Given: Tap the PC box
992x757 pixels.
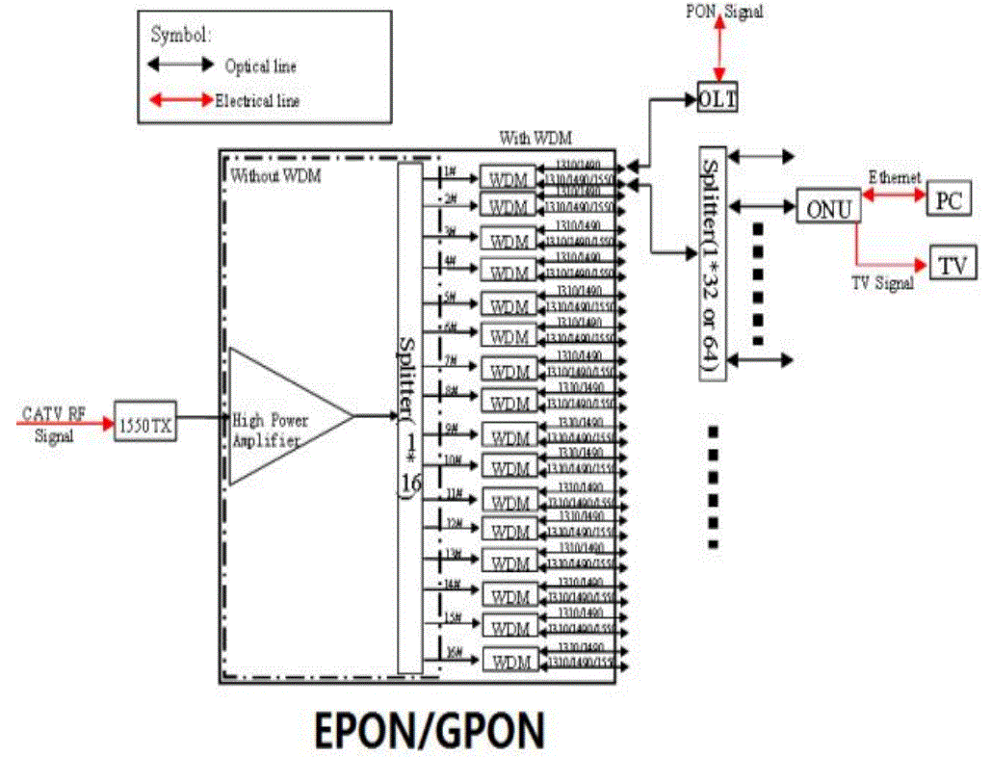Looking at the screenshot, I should (x=948, y=199).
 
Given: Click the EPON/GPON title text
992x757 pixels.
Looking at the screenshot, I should (x=429, y=732).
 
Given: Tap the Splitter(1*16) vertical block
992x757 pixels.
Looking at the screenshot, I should (x=409, y=418).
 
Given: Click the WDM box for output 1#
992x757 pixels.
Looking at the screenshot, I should (x=509, y=178).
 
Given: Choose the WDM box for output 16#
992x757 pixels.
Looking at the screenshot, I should (x=509, y=662).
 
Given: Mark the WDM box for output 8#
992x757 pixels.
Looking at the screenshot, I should (x=509, y=401).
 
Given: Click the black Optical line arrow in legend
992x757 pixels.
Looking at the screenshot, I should (x=180, y=65).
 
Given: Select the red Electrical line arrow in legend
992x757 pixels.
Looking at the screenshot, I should (x=180, y=99).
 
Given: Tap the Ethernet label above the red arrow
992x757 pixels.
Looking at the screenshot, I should (x=895, y=177).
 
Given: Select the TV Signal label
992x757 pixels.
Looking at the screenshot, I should (x=881, y=283).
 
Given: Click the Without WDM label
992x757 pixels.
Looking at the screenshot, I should (x=274, y=175).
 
